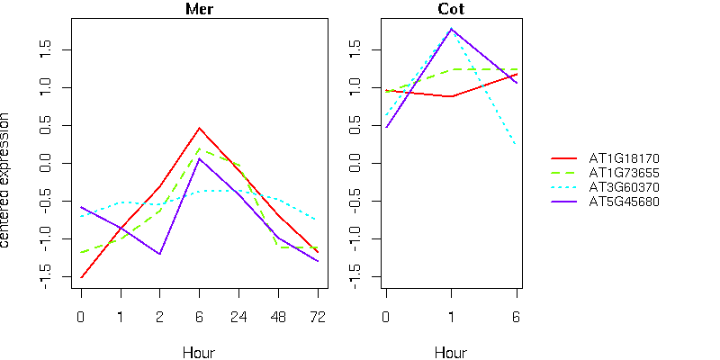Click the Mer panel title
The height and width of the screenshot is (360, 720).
pos(199,10)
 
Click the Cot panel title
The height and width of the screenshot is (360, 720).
pos(451,10)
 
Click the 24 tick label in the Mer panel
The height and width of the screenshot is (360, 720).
pos(238,317)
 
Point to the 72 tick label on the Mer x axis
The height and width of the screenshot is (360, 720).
pos(318,317)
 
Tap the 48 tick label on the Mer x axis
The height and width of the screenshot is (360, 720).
pos(278,317)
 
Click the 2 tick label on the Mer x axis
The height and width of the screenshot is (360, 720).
pos(159,317)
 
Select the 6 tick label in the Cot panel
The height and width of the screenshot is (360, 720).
pos(517,317)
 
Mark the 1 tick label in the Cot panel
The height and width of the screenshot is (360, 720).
pos(451,317)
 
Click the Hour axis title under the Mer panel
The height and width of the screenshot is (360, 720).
pos(199,352)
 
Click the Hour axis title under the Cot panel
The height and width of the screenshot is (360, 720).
pos(451,352)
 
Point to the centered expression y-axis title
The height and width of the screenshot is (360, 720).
pos(8,180)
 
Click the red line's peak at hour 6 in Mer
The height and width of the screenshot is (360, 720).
pos(199,128)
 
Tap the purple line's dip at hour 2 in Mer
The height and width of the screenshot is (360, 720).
pos(159,254)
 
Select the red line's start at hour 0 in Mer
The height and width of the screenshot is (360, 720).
pos(81,277)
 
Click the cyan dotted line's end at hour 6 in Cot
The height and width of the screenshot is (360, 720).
pos(517,145)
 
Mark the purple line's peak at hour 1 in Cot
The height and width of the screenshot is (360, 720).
pos(451,29)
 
